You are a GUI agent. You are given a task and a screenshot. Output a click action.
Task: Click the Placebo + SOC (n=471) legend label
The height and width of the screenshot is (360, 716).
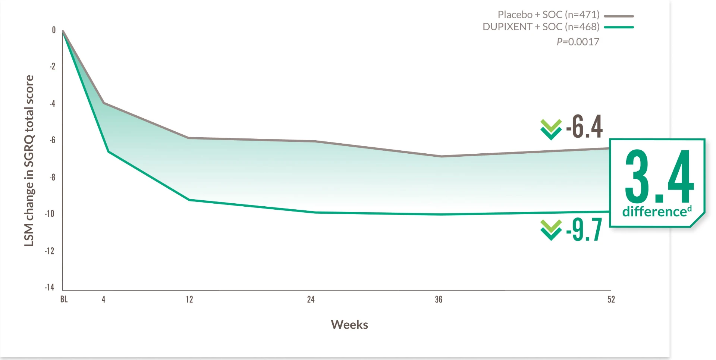pyautogui.click(x=548, y=15)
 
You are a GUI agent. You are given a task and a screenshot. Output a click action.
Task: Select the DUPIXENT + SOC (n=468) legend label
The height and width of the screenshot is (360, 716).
pyautogui.click(x=541, y=27)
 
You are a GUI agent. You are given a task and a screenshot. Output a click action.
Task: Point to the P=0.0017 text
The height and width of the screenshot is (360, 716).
pyautogui.click(x=578, y=42)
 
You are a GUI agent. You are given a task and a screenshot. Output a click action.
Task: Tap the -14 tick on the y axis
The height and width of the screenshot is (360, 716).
pyautogui.click(x=50, y=287)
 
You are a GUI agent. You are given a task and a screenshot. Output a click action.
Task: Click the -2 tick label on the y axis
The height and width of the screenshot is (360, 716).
pyautogui.click(x=53, y=66)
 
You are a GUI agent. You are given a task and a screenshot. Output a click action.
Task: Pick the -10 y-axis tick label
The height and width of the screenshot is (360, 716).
pyautogui.click(x=50, y=214)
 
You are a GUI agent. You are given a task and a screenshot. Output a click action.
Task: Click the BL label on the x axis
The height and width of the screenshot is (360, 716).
pyautogui.click(x=64, y=299)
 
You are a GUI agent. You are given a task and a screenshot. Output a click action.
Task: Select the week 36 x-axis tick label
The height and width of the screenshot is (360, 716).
pyautogui.click(x=439, y=299)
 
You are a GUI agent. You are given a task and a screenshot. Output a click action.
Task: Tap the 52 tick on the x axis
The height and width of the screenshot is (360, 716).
pyautogui.click(x=611, y=299)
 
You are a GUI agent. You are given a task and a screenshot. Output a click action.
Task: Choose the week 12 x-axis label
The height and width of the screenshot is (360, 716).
pyautogui.click(x=189, y=299)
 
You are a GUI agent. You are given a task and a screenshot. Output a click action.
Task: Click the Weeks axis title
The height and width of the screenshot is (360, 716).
pyautogui.click(x=349, y=325)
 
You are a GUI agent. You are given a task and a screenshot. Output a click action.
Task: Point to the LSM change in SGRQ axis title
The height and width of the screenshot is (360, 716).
pyautogui.click(x=29, y=160)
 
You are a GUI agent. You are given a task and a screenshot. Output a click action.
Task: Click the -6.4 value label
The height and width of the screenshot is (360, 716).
pyautogui.click(x=584, y=127)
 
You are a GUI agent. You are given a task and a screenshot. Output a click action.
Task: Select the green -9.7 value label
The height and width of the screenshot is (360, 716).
pyautogui.click(x=584, y=230)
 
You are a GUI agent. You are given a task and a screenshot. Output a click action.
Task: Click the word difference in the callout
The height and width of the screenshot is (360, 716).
pyautogui.click(x=654, y=212)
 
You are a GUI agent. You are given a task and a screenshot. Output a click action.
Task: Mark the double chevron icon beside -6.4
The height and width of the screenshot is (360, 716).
pyautogui.click(x=551, y=129)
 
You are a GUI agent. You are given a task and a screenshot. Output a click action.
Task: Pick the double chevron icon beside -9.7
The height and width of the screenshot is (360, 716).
pyautogui.click(x=551, y=230)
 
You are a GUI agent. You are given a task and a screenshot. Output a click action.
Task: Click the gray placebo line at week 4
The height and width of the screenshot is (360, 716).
pyautogui.click(x=104, y=103)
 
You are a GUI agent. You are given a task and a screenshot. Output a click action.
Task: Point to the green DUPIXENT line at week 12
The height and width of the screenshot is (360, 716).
pyautogui.click(x=189, y=200)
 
